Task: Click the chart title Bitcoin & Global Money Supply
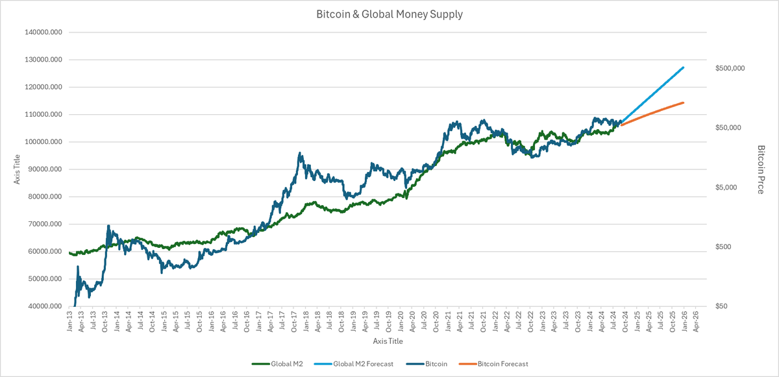coord(389,14)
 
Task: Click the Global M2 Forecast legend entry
coord(361,364)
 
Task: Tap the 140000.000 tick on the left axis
coord(41,32)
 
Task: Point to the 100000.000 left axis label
coord(41,142)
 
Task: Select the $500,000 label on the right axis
coord(728,68)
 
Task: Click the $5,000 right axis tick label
coord(726,188)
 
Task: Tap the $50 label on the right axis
coord(722,306)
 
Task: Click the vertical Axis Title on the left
coord(18,169)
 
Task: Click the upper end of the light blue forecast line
coord(684,67)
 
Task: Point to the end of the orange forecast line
coord(684,103)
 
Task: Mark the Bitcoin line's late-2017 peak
coord(299,153)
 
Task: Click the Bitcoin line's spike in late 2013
coord(108,226)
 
